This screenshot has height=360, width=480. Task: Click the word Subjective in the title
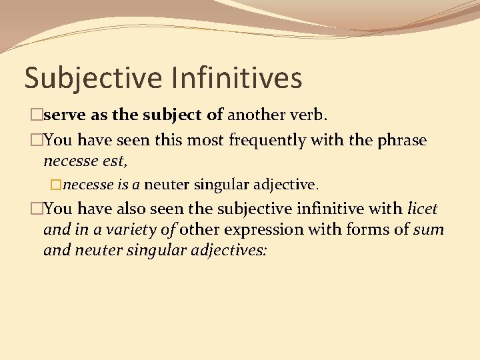pyautogui.click(x=93, y=78)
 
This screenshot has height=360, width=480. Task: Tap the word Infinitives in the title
pyautogui.click(x=235, y=78)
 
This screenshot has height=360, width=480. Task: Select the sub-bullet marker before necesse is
pyautogui.click(x=56, y=183)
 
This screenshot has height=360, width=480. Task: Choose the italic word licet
pyautogui.click(x=422, y=209)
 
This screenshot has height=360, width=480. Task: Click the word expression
pyautogui.click(x=260, y=230)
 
